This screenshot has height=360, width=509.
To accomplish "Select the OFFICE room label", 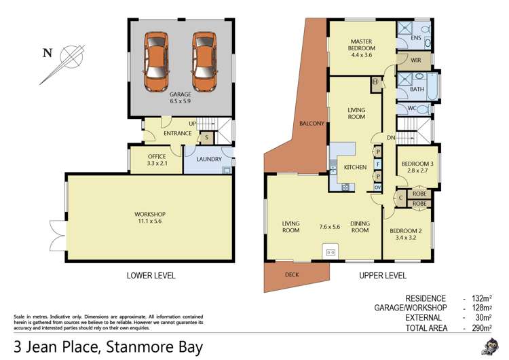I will point(156,157).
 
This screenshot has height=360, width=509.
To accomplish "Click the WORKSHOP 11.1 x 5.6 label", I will point(150,218).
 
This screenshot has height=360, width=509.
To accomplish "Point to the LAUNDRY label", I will point(209,159).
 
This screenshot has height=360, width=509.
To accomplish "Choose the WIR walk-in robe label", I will point(417,60).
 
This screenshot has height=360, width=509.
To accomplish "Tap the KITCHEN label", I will point(355,167).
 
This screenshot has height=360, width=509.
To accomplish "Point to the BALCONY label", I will point(312,124).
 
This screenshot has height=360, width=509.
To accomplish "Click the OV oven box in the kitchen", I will point(377,187).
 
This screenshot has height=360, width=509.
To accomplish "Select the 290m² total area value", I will point(483,328).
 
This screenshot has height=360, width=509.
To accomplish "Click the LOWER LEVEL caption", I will point(151,276).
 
